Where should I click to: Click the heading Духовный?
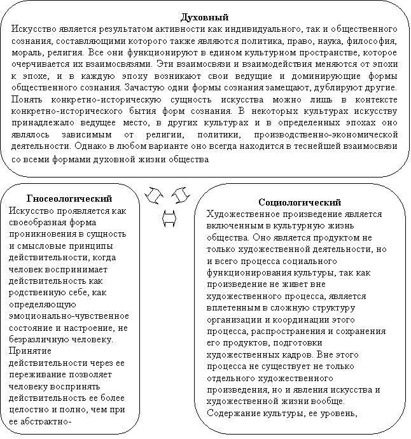pos(205,17)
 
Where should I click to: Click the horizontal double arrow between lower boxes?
pos(169,218)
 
